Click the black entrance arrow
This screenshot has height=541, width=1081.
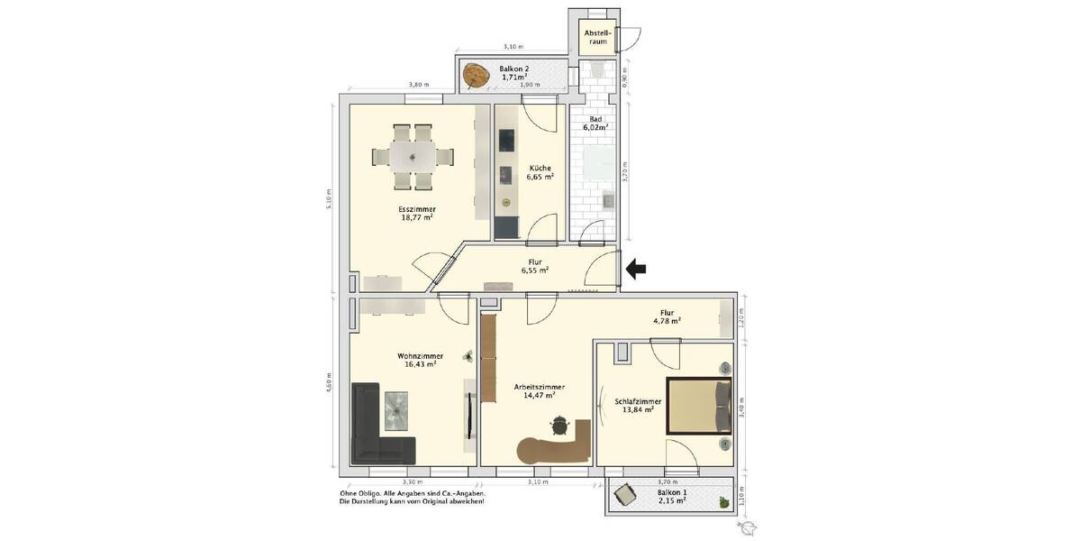[636, 268]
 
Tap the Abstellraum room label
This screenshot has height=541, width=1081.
[597, 37]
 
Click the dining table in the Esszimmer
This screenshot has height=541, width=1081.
[413, 156]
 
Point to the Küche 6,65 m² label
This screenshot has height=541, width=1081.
[540, 172]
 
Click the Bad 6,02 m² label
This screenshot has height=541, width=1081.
[595, 124]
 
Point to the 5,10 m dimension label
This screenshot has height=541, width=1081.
[331, 197]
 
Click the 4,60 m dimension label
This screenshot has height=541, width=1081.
[331, 381]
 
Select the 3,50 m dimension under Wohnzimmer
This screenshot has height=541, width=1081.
[414, 482]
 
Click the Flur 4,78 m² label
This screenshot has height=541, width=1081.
[666, 316]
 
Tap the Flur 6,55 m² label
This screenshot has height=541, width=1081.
[538, 265]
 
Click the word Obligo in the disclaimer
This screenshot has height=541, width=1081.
[372, 493]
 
